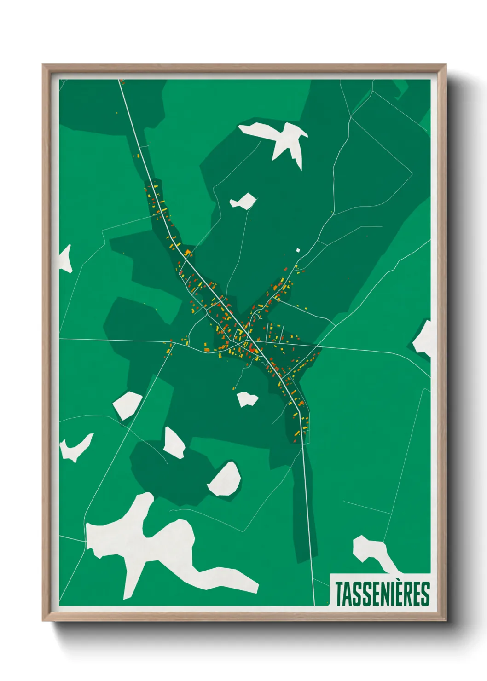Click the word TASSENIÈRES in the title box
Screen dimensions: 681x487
pos(382,594)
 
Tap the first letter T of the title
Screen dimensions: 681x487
pos(339,594)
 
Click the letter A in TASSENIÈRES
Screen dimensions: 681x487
pos(348,594)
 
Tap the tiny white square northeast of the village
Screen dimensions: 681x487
pos(298,250)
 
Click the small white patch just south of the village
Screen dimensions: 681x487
pos(247,399)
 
